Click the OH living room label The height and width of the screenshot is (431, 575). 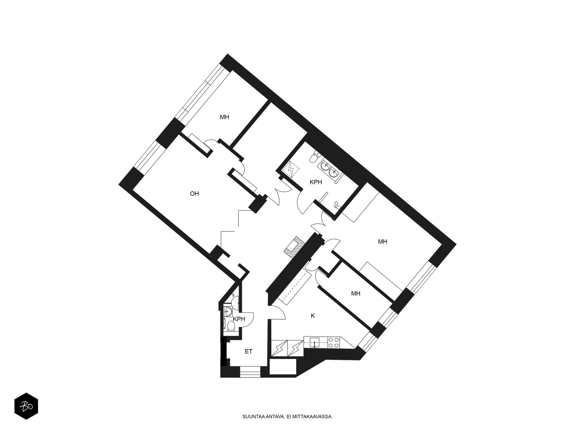[x=194, y=194]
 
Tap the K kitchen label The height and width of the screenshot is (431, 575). [x=313, y=316]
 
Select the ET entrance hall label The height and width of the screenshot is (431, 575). [x=248, y=352]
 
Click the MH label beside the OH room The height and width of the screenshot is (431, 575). [x=225, y=117]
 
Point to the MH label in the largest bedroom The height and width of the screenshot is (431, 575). [x=382, y=242]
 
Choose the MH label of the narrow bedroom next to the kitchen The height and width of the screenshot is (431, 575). [x=356, y=293]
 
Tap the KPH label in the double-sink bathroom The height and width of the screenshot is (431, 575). [x=316, y=182]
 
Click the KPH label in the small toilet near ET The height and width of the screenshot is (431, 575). [x=239, y=319]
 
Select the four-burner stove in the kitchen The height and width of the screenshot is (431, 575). [x=334, y=342]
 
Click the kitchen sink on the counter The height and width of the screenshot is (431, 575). [x=314, y=342]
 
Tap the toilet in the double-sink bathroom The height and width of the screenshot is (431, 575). [x=314, y=157]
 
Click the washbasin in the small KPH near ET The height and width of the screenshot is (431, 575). [x=227, y=311]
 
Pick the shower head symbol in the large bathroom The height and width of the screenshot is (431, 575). [x=337, y=205]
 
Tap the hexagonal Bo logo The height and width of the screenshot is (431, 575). [x=26, y=406]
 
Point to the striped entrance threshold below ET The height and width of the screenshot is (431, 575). [x=250, y=372]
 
